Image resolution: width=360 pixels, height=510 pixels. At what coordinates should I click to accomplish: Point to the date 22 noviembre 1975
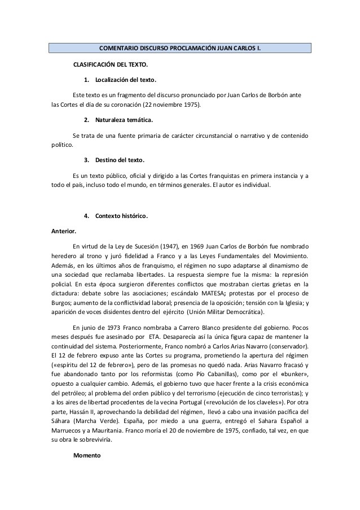point(176,104)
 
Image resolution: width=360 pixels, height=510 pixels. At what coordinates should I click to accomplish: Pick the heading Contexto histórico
point(122,216)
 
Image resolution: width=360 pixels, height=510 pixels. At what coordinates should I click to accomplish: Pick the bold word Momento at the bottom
point(87,455)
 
